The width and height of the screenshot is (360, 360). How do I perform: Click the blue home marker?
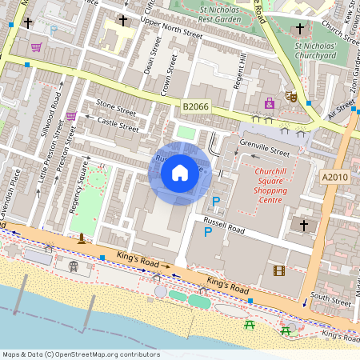(180, 172)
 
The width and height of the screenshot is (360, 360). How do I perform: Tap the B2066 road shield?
(196, 106)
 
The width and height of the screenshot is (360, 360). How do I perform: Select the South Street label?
(330, 300)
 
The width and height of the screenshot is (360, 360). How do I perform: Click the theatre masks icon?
(291, 96)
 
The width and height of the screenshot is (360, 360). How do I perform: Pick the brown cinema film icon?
(278, 270)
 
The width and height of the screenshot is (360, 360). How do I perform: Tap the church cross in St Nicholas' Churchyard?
(300, 30)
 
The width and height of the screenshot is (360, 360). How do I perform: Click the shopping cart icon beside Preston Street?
(71, 116)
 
